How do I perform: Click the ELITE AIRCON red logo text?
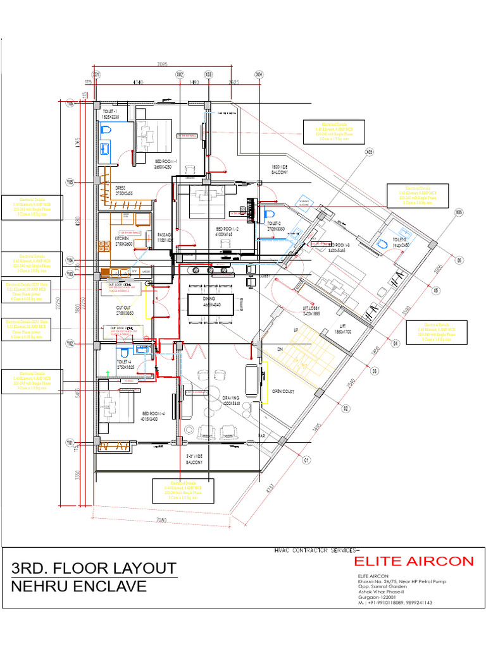413,561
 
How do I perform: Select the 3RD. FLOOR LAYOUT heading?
94,567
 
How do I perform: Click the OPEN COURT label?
284,390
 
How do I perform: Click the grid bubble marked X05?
369,152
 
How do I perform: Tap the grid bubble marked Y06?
70,104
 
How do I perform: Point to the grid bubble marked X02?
179,75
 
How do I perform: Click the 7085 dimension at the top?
162,64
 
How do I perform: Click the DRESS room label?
120,189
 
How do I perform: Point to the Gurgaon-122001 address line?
378,597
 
